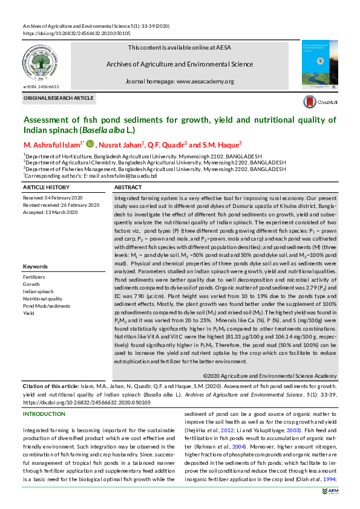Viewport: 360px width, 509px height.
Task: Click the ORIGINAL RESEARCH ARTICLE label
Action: click(x=58, y=98)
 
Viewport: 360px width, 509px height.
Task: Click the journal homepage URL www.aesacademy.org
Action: click(x=205, y=81)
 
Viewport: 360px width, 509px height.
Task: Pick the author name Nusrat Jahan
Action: click(x=124, y=144)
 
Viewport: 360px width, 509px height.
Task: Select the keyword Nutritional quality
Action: click(x=42, y=299)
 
